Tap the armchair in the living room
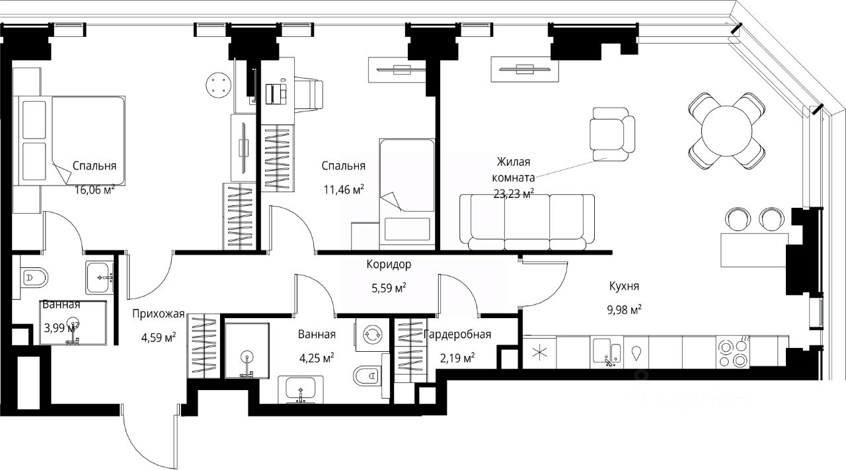pos(612,134)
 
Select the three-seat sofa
pos(527,222)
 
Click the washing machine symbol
pos(372,334)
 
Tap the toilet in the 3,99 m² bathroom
pos(33,278)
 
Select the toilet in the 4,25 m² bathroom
pos(367,376)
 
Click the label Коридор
pos(389,265)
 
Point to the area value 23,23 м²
pos(514,194)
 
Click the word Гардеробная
pos(457,334)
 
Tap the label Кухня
pos(624,286)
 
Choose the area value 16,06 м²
pos(95,189)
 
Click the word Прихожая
pos(158,314)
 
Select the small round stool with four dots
pos(218,85)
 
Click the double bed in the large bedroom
pos(69,141)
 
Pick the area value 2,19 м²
pos(457,358)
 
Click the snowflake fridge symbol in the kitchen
pos(539,353)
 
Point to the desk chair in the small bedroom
pos(307,94)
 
